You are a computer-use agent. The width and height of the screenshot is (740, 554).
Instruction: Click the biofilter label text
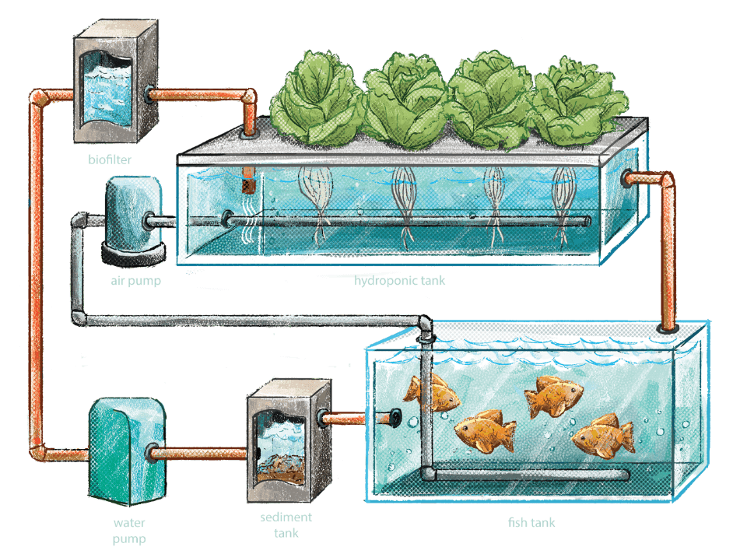pos(110,160)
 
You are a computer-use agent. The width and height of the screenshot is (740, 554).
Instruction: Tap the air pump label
pos(136,281)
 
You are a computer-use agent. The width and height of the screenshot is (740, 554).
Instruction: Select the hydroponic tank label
pos(399,281)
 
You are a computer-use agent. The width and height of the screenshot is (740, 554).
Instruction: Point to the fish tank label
pos(531,522)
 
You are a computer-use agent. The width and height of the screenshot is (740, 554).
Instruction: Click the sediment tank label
pos(286,525)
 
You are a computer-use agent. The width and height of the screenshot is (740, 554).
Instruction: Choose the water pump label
pos(129,531)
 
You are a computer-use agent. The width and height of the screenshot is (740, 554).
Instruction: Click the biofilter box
pos(116,81)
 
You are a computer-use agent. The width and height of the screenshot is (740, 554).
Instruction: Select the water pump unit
pos(127,451)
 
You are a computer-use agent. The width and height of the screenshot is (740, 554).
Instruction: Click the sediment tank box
pos(289,440)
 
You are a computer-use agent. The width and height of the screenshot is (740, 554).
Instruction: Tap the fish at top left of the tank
pos(431,393)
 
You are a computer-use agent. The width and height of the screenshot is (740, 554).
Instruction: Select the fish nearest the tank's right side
pos(603,437)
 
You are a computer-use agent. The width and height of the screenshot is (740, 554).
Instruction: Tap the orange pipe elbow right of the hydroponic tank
pos(666,181)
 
